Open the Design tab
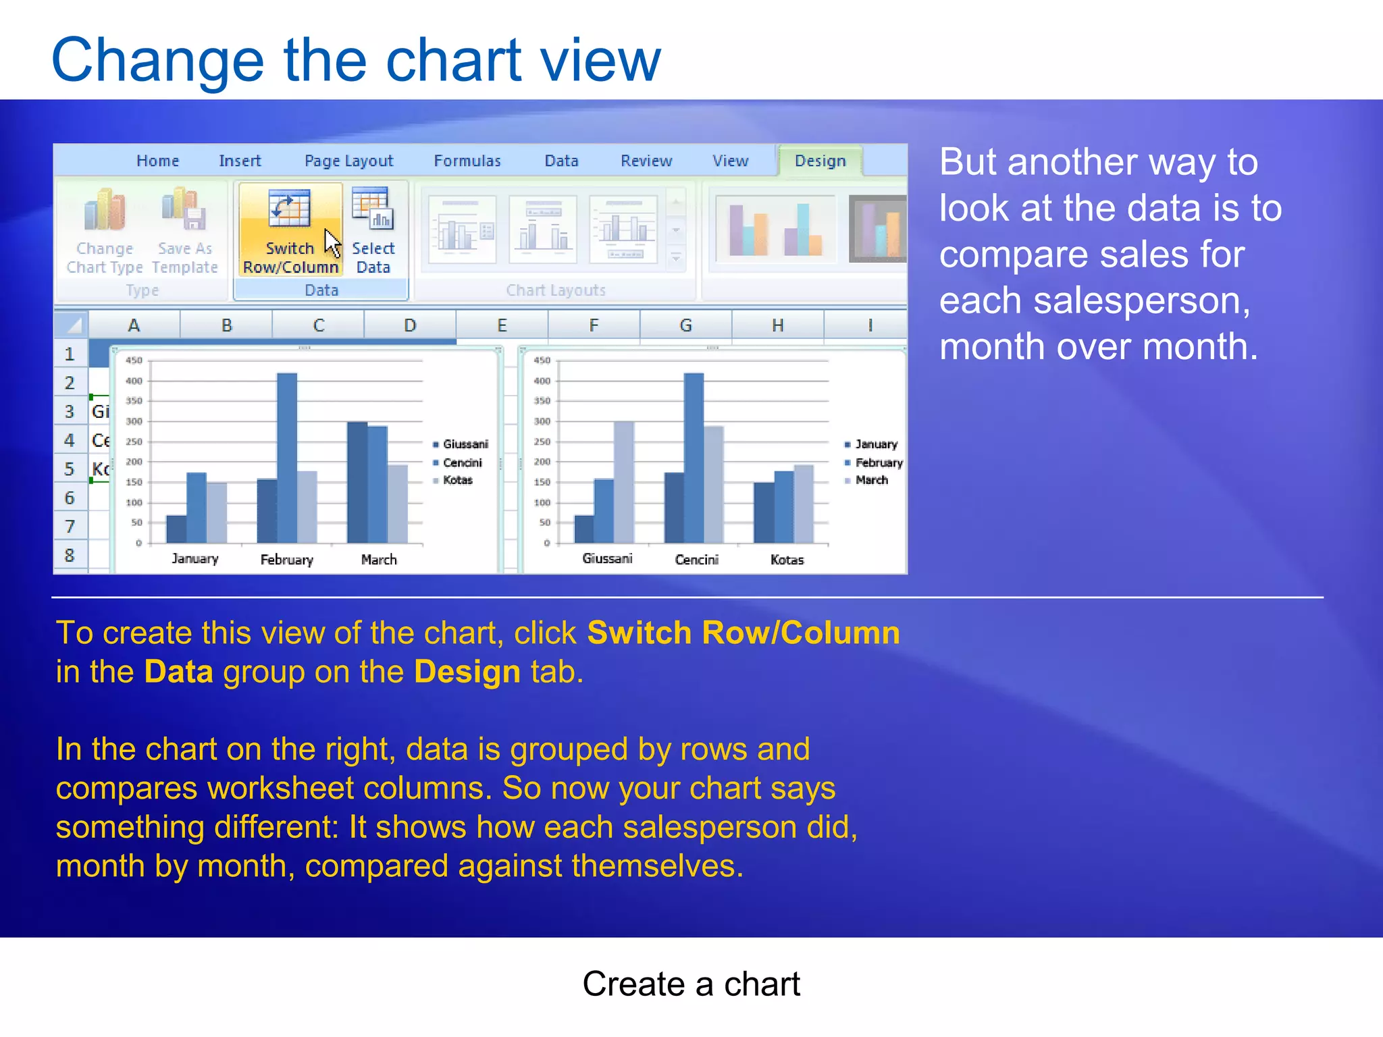coord(820,161)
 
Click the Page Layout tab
coord(348,161)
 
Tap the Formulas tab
coord(467,161)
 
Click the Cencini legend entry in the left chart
coord(462,462)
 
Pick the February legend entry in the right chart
coord(878,462)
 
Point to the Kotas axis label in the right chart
coord(787,560)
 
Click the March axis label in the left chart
coord(379,560)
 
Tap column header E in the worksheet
coord(502,325)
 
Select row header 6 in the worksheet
coord(70,498)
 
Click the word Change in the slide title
coord(157,61)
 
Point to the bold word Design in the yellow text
coord(467,672)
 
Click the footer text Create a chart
coord(691,984)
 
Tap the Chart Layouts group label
coord(555,290)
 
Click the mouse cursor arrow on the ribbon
coord(332,242)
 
